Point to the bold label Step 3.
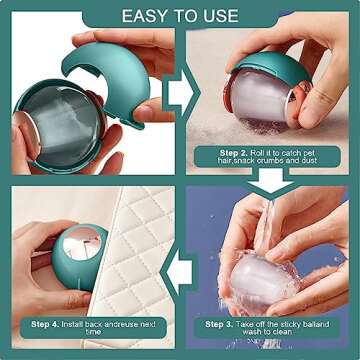point(225,325)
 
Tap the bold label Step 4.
point(46,325)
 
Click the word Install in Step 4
point(81,325)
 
